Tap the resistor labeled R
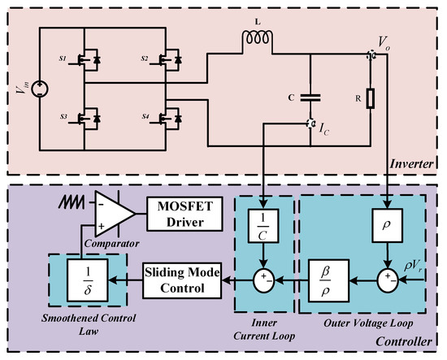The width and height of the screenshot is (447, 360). point(370,99)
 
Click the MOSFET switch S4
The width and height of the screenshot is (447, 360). point(172,119)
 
